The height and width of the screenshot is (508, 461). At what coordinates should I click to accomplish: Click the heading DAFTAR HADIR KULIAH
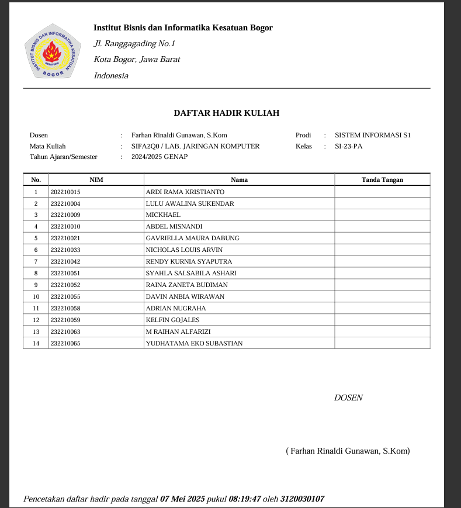tap(226, 113)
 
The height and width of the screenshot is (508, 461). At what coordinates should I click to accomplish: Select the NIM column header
tap(96, 179)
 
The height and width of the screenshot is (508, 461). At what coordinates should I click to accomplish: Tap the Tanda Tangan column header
tap(382, 179)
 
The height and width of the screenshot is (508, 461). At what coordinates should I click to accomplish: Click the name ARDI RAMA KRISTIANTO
tap(185, 192)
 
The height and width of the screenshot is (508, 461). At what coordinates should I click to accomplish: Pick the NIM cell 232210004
tap(65, 203)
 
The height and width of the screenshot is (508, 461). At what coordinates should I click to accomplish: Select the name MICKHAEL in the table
tap(163, 215)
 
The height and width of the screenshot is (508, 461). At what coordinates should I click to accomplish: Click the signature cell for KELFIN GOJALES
tap(382, 320)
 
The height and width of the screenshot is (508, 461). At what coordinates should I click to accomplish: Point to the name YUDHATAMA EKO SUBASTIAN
tap(194, 343)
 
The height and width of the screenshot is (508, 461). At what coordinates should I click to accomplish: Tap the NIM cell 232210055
tap(65, 296)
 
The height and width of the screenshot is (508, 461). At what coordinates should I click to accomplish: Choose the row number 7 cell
tap(36, 261)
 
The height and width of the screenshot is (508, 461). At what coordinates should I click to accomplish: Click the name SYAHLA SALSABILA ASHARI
tap(191, 273)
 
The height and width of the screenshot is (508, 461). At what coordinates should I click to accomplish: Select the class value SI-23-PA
tap(348, 146)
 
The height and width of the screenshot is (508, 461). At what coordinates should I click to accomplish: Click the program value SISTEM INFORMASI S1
tap(373, 135)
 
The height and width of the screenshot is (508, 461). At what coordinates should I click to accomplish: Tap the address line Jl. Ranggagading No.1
tap(134, 44)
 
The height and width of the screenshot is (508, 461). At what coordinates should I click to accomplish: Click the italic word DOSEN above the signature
tap(348, 398)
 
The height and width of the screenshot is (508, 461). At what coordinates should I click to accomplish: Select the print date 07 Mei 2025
tap(183, 499)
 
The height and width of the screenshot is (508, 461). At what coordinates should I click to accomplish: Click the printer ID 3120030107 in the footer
tap(302, 499)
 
